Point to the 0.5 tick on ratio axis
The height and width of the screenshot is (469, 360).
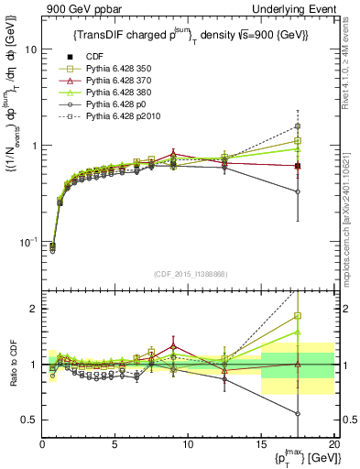(x=28, y=420)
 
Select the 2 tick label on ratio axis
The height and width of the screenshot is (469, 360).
(x=33, y=309)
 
